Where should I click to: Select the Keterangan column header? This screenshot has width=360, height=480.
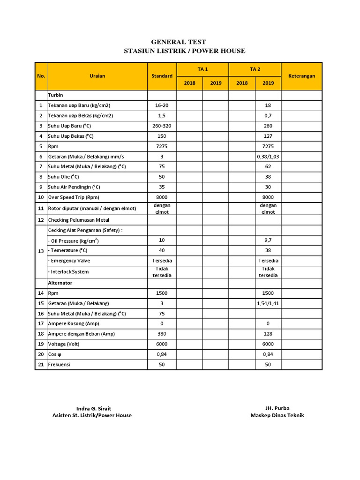pyautogui.click(x=301, y=76)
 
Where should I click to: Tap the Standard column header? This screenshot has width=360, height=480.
pyautogui.click(x=162, y=76)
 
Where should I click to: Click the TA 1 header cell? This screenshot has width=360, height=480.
pyautogui.click(x=202, y=69)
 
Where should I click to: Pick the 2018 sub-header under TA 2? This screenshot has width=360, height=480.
pyautogui.click(x=242, y=83)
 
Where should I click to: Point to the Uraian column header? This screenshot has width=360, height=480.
pyautogui.click(x=97, y=76)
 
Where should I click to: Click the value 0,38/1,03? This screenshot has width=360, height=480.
pyautogui.click(x=268, y=157)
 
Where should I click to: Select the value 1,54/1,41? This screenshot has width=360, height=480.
pyautogui.click(x=268, y=304)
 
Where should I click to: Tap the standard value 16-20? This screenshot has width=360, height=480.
pyautogui.click(x=162, y=105)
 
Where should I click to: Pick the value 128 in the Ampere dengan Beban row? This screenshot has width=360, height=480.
pyautogui.click(x=268, y=334)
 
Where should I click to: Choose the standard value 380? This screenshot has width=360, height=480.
pyautogui.click(x=162, y=334)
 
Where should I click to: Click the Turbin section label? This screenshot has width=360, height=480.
pyautogui.click(x=55, y=95)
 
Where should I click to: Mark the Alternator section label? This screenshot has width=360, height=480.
pyautogui.click(x=60, y=283)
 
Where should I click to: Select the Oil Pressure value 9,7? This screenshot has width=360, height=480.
pyautogui.click(x=268, y=240)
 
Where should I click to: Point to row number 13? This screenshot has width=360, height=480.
pyautogui.click(x=41, y=251)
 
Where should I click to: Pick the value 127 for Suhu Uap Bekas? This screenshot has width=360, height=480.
pyautogui.click(x=268, y=136)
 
